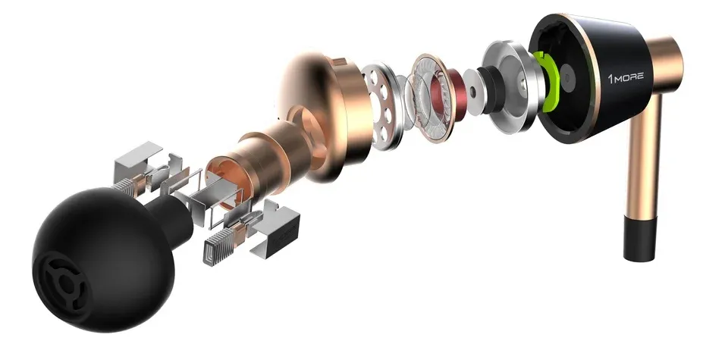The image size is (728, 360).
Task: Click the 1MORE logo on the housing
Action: (626, 77)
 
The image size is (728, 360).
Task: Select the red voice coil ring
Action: (440, 92)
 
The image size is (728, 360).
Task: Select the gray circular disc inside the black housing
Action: (567, 77)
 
